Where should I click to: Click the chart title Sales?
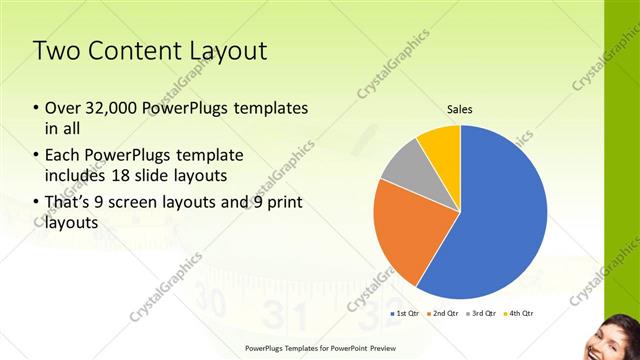pyautogui.click(x=459, y=109)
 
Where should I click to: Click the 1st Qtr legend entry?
pyautogui.click(x=404, y=314)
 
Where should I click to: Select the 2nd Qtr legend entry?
pyautogui.click(x=441, y=314)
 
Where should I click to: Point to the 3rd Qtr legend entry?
pyautogui.click(x=480, y=314)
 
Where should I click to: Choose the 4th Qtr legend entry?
pyautogui.click(x=518, y=314)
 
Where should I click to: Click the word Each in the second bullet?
pyautogui.click(x=63, y=156)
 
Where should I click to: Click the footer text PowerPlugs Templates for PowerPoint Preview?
pyautogui.click(x=320, y=349)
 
